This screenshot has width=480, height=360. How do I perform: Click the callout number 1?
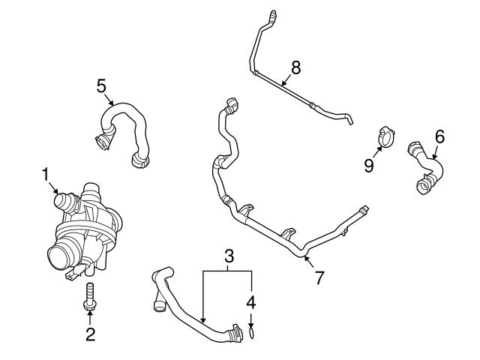point(45,175)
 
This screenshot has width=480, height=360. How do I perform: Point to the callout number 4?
point(252,304)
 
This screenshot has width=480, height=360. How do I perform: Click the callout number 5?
point(101,85)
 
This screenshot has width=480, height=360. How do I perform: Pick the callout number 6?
point(439,136)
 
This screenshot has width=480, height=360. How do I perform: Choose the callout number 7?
point(319,277)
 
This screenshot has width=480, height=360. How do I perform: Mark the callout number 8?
point(295,67)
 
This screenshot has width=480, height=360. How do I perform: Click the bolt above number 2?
point(89,294)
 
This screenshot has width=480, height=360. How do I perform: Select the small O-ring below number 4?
point(253,329)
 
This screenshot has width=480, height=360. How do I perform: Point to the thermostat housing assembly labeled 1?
point(84,229)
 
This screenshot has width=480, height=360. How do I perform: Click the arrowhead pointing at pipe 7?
point(306,260)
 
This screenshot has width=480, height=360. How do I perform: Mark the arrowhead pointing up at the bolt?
point(89,310)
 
